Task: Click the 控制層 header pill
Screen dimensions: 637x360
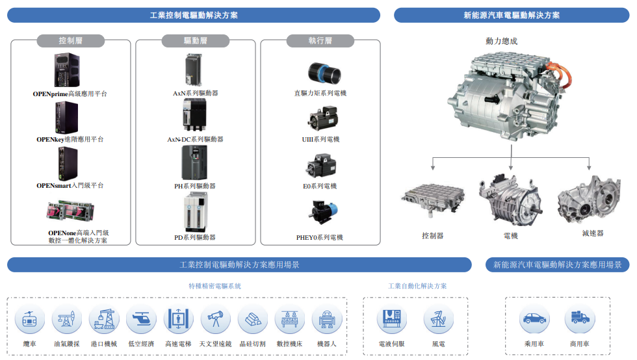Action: tap(71, 41)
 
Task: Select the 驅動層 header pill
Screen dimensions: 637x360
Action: tap(195, 41)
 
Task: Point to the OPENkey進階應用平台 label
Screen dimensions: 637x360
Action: tap(70, 140)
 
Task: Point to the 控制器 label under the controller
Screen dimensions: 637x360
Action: tap(432, 235)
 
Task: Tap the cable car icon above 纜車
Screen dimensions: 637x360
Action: tap(30, 320)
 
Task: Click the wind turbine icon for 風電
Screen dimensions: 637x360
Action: tap(439, 320)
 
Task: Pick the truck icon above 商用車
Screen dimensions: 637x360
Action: tap(579, 320)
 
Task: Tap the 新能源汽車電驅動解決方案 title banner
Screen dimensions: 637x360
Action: tap(512, 15)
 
